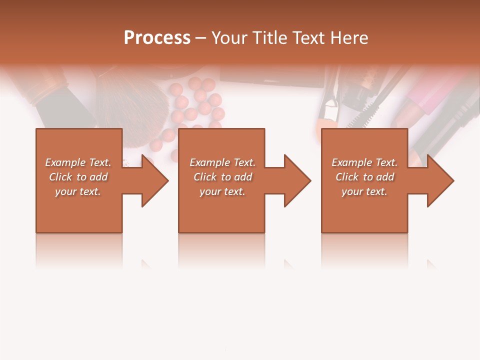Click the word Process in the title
point(157,37)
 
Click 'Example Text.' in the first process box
point(78,162)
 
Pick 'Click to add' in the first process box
point(78,177)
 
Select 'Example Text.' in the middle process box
point(222,162)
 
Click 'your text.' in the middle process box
point(222,191)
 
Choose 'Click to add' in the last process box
point(365,177)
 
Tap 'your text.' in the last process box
point(364,191)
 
